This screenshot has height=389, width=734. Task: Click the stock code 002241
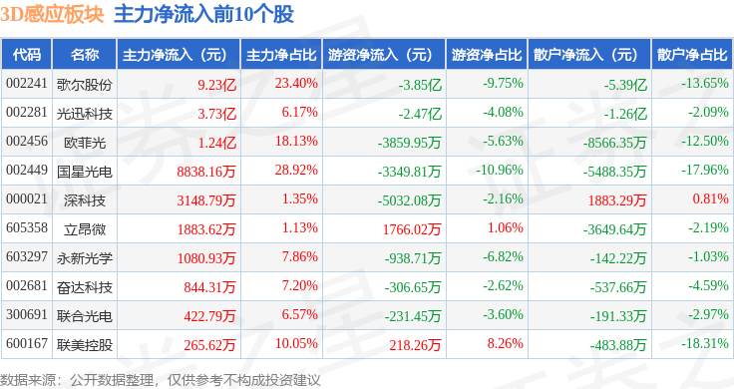(27, 84)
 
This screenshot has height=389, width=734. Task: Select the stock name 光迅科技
(85, 114)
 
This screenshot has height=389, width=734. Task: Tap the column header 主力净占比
(281, 55)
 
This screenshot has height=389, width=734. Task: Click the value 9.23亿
(216, 85)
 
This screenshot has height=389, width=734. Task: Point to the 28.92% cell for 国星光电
(296, 170)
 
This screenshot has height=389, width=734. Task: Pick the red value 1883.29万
(617, 200)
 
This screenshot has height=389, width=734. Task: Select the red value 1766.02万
(412, 229)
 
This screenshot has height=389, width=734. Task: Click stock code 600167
(27, 344)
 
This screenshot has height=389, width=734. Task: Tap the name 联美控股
(85, 345)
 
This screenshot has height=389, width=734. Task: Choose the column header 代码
(27, 55)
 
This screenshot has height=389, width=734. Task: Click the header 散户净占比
(692, 55)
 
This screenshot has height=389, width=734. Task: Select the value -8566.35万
(614, 143)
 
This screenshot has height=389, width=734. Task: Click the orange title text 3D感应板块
(52, 14)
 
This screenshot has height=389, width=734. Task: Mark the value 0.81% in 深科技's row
(711, 198)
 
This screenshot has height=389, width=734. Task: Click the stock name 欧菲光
(85, 143)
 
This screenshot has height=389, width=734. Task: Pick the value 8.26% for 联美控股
(505, 343)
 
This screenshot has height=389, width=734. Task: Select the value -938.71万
(413, 258)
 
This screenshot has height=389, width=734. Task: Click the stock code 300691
(27, 315)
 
